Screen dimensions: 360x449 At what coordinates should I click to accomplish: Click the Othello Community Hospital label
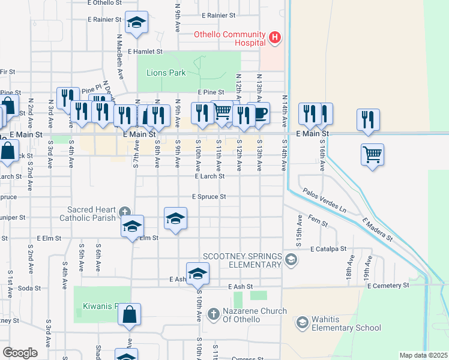(x=229, y=38)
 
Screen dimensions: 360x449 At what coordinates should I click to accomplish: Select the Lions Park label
(x=166, y=73)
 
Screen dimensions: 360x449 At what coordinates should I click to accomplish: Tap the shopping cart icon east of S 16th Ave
(x=372, y=155)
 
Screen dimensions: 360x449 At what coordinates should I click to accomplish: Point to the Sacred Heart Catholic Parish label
(x=91, y=214)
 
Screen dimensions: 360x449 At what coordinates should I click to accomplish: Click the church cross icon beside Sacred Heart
(x=124, y=211)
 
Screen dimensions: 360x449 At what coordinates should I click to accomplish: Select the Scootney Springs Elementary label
(x=243, y=260)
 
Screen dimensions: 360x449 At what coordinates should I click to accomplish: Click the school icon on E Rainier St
(x=136, y=23)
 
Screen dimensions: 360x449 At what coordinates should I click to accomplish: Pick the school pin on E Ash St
(x=197, y=274)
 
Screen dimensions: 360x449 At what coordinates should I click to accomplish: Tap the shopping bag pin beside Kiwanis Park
(x=129, y=314)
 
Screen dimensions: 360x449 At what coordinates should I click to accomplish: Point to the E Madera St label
(x=376, y=230)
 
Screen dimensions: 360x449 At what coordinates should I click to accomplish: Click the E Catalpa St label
(x=328, y=248)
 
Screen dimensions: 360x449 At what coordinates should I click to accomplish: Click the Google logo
(x=20, y=352)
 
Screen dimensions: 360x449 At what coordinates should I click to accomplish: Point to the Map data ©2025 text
(x=423, y=355)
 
